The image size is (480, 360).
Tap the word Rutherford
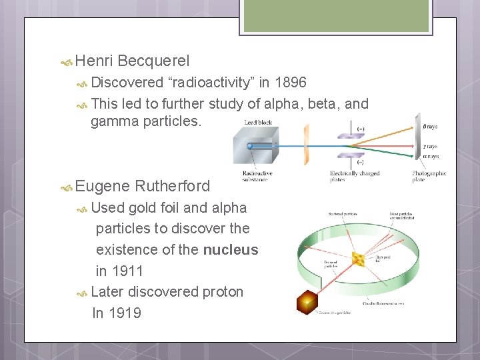pos(172,186)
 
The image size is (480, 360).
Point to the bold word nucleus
pos(231,250)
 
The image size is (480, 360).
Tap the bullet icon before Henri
pos(67,62)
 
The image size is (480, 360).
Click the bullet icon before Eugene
pos(67,187)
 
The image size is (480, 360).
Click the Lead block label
pos(258,123)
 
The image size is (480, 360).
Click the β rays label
pos(431,127)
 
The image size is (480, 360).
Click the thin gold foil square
pos(358,259)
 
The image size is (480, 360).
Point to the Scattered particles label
pos(343,213)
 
